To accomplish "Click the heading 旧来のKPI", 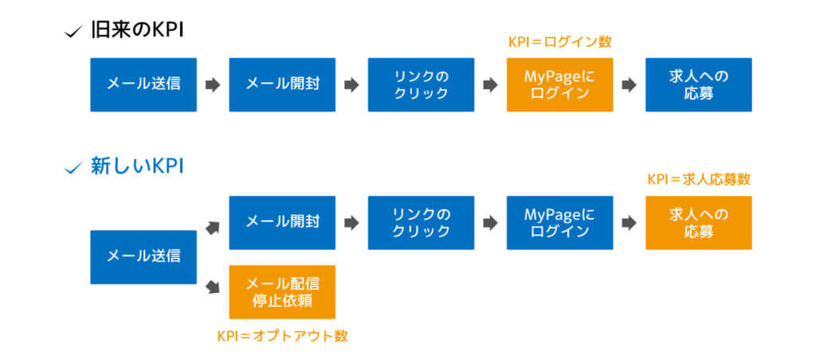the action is click(x=137, y=30).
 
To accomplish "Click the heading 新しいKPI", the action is click(x=137, y=167).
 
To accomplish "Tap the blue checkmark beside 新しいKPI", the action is click(x=72, y=169).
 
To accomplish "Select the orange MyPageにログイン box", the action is click(x=560, y=84).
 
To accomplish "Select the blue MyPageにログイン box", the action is click(x=560, y=223).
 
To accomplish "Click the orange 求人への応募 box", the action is click(x=699, y=223).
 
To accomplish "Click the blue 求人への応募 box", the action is click(x=699, y=84).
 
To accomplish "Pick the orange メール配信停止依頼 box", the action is click(x=283, y=292).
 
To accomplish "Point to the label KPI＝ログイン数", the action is click(x=560, y=43).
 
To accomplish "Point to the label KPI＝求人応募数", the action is click(x=699, y=179).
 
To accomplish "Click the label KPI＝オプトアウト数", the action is click(x=283, y=336).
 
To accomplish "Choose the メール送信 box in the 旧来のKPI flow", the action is click(x=143, y=84).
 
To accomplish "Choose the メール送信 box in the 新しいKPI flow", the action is click(x=143, y=257).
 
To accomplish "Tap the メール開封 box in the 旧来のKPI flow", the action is click(x=283, y=84).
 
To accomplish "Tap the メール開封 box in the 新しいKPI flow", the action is click(x=283, y=223).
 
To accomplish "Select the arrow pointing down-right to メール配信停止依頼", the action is click(x=212, y=286).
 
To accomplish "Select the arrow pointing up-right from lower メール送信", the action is click(x=212, y=228).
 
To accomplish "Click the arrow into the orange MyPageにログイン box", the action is click(x=490, y=84).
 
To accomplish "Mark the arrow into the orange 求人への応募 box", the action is click(x=630, y=223).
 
